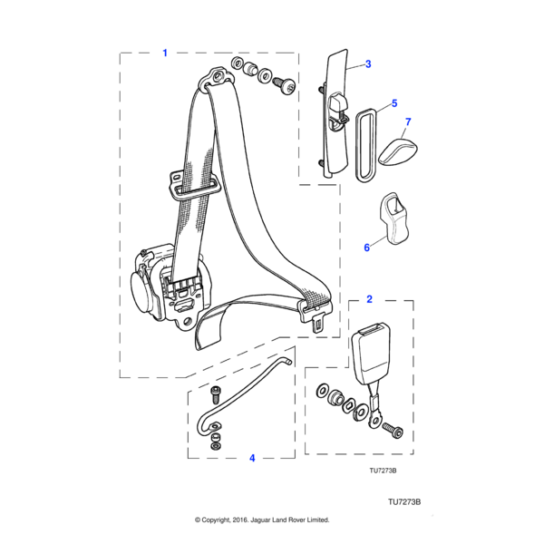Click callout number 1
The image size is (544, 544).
click(x=165, y=53)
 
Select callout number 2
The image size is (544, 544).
click(x=369, y=298)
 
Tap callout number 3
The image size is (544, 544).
click(x=369, y=64)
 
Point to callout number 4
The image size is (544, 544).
click(x=252, y=459)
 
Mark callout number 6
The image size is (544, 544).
click(x=367, y=247)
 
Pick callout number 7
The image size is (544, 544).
click(x=408, y=121)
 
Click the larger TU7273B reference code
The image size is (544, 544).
click(x=406, y=500)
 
